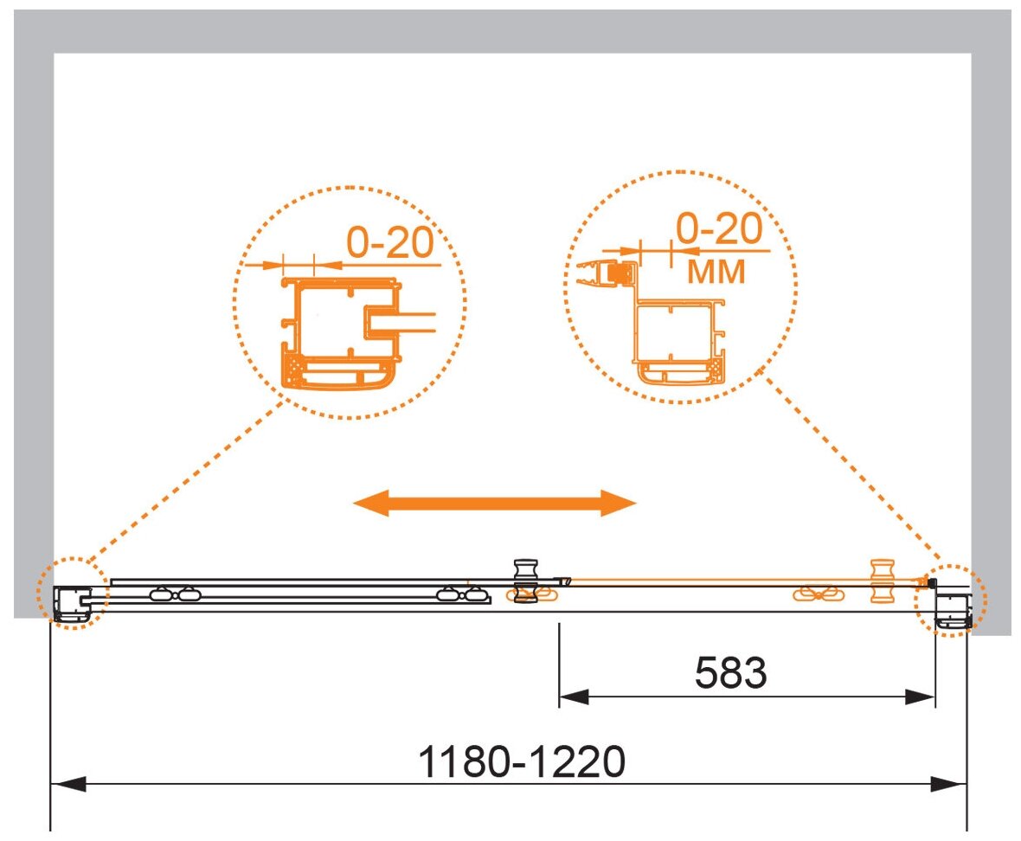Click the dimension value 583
(x=731, y=672)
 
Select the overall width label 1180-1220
(x=521, y=761)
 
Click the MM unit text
(x=716, y=272)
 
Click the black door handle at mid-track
(x=525, y=580)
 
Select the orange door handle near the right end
(x=882, y=580)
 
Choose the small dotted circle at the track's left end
(x=73, y=596)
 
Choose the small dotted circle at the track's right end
(x=952, y=600)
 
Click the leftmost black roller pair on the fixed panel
(x=170, y=594)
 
